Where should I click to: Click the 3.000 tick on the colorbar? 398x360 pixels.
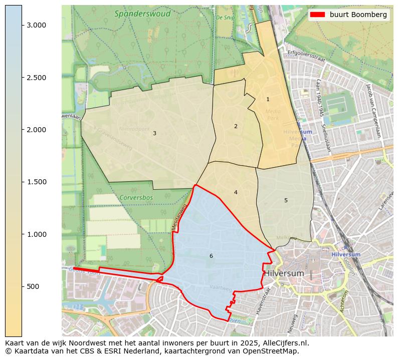pos(36,26)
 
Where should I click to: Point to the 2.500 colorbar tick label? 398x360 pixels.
pos(36,78)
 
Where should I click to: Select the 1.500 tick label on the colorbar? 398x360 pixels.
pos(36,182)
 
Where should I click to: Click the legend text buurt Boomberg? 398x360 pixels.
pos(358,15)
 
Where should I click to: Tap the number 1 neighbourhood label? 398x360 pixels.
pos(268,100)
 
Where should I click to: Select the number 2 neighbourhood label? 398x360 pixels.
pos(236,126)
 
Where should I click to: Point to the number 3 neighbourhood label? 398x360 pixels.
pos(154,133)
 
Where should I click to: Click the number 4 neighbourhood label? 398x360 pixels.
pos(236,192)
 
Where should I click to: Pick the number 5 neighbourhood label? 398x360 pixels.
pos(286,200)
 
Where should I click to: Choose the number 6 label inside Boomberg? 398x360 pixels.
pos(211,256)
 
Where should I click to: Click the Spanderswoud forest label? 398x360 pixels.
pos(142,14)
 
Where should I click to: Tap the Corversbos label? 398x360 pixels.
pos(136,197)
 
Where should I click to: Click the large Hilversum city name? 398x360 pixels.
pos(284,273)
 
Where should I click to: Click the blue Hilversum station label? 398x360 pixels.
pos(345,254)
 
